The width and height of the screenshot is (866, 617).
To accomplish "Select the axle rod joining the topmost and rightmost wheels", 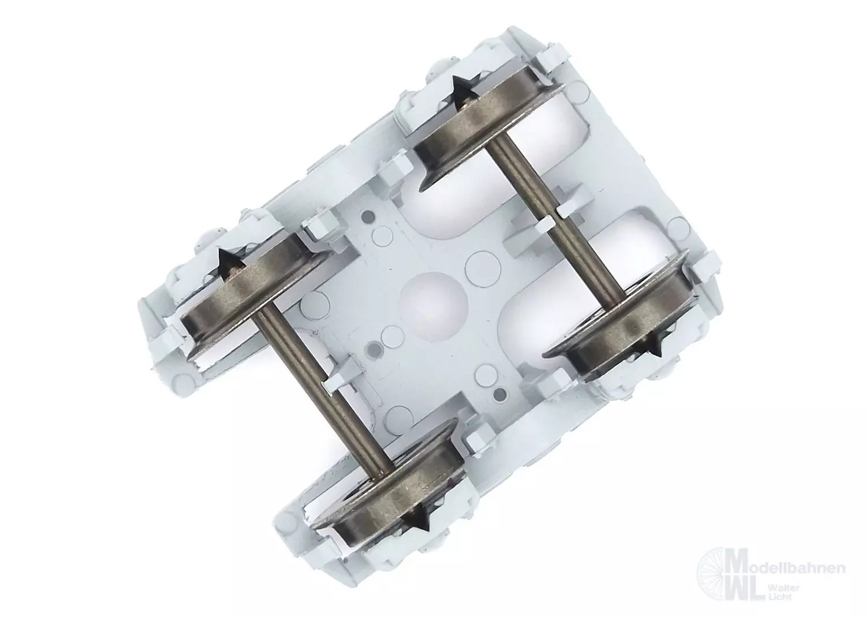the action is [x=557, y=220].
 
